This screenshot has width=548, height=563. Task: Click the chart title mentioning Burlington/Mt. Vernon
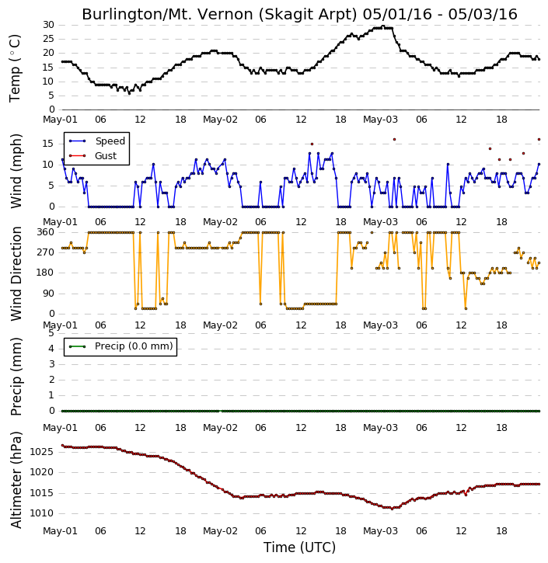299,14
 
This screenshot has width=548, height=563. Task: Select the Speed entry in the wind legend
110,141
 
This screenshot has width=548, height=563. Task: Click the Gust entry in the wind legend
106,156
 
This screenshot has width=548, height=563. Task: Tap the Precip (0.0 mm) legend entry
134,346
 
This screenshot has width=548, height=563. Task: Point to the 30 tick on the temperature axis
48,25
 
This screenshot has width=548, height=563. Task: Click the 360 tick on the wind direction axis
46,232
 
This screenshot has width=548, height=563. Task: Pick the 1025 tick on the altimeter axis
41,452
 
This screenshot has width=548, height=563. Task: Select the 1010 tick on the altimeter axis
41,513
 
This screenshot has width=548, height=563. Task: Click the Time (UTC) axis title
299,547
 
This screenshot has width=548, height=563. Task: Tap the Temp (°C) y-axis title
15,68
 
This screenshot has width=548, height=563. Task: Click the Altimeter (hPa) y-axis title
16,480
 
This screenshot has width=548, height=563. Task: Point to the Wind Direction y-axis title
16,273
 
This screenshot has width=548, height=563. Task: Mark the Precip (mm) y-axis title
16,377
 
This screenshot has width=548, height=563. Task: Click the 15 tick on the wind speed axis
48,144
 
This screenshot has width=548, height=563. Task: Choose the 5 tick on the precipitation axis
51,333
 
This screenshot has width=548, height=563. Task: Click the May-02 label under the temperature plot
220,120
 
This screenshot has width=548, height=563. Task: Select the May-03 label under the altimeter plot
380,530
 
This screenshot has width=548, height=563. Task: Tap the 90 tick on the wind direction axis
48,294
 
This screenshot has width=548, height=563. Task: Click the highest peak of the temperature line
383,26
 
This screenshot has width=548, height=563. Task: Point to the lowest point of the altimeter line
392,509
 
